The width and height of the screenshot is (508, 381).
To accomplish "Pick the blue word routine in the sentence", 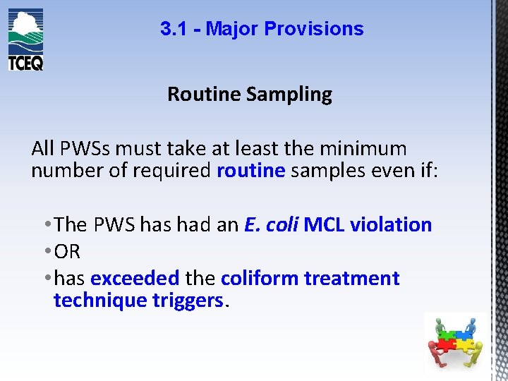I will [x=250, y=171].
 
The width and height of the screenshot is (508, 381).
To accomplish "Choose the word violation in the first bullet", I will [x=391, y=224].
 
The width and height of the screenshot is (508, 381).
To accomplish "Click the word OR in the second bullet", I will [x=67, y=252].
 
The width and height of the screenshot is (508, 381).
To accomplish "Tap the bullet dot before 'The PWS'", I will [x=47, y=225].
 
